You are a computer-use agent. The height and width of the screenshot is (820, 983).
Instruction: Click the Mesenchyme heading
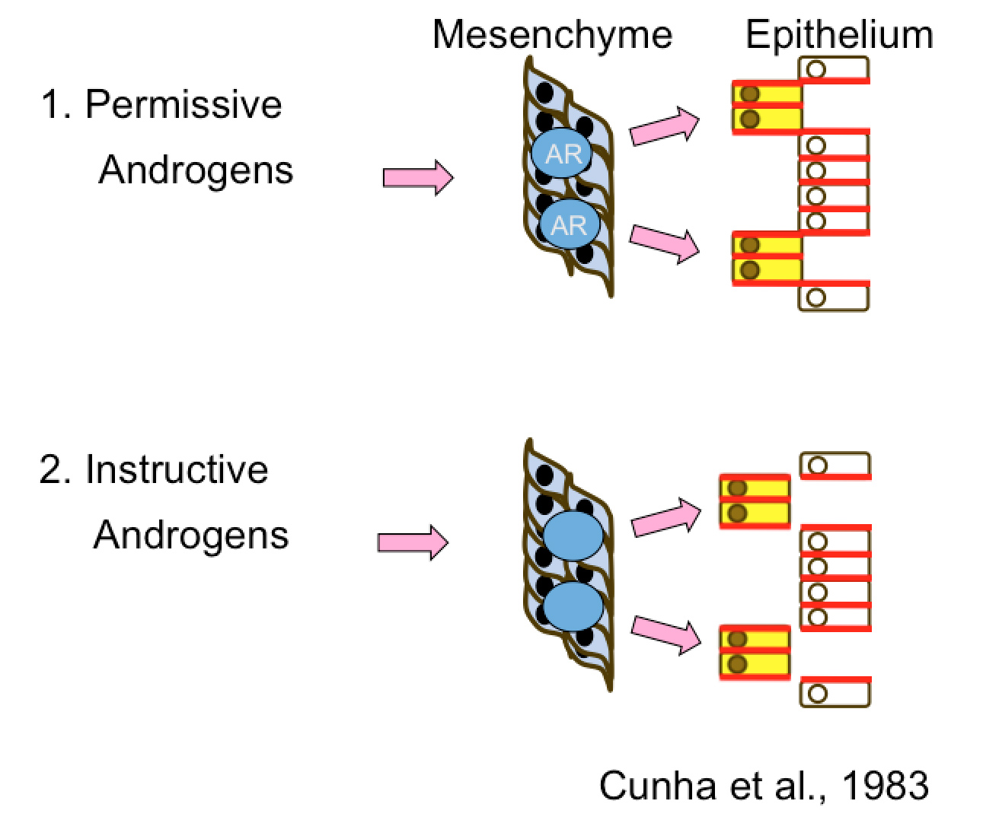coord(552,35)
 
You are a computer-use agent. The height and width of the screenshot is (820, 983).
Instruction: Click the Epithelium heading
coord(838,35)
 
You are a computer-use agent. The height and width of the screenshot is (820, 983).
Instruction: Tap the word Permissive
coord(184,104)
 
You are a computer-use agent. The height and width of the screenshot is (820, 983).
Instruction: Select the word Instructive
coord(177,469)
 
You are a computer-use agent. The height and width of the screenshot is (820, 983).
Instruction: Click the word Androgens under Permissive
coord(196,170)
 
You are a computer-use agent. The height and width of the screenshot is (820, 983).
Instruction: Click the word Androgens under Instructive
coord(191,535)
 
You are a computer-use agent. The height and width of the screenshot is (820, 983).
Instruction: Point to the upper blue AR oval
coord(563,154)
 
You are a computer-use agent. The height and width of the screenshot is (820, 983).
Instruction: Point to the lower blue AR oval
coord(570,225)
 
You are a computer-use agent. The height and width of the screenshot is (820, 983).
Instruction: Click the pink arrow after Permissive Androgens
coord(417,177)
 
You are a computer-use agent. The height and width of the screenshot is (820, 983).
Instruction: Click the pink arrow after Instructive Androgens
coord(413,542)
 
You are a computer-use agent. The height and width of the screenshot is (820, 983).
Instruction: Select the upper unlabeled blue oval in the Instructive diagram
coord(573,536)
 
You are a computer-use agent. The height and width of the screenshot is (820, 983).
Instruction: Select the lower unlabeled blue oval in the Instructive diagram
coord(573,606)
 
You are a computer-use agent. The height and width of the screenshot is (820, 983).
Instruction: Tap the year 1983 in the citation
coord(885,785)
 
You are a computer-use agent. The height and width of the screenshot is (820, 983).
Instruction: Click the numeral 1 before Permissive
coord(52,104)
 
